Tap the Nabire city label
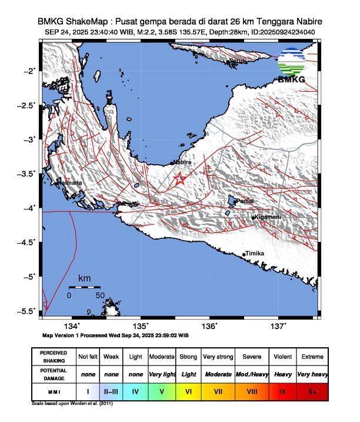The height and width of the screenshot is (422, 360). click(183, 162)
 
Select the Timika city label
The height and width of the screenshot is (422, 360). click(255, 254)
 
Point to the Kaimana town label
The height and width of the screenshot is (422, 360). click(69, 183)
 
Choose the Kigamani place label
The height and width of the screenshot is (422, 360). click(268, 217)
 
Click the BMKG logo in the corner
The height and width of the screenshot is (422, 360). click(292, 65)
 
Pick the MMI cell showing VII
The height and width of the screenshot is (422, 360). click(218, 391)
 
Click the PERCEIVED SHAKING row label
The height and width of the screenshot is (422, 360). click(54, 357)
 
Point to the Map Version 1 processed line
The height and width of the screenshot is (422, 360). click(115, 335)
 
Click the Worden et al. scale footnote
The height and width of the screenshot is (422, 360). click(72, 404)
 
